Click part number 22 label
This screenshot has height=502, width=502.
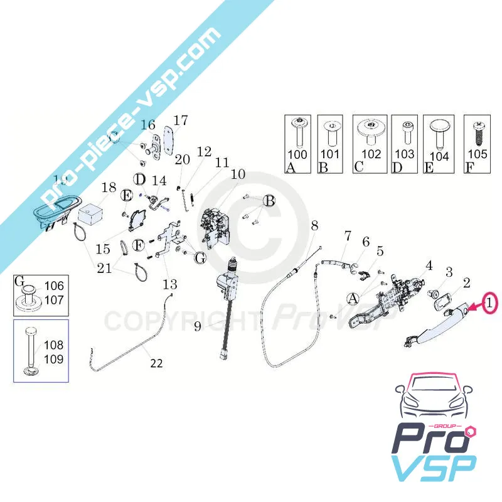click(x=156, y=362)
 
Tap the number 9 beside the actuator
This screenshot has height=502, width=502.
click(x=197, y=326)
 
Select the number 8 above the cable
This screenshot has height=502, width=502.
click(x=314, y=225)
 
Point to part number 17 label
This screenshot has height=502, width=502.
click(x=181, y=120)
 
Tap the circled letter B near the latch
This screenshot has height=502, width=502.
click(x=269, y=201)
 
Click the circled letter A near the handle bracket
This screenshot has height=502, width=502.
click(x=353, y=297)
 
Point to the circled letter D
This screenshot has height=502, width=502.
click(x=140, y=178)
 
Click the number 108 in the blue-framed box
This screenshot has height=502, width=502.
click(x=54, y=344)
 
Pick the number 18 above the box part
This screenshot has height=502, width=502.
click(x=109, y=187)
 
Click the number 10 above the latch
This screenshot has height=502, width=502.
click(x=238, y=174)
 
